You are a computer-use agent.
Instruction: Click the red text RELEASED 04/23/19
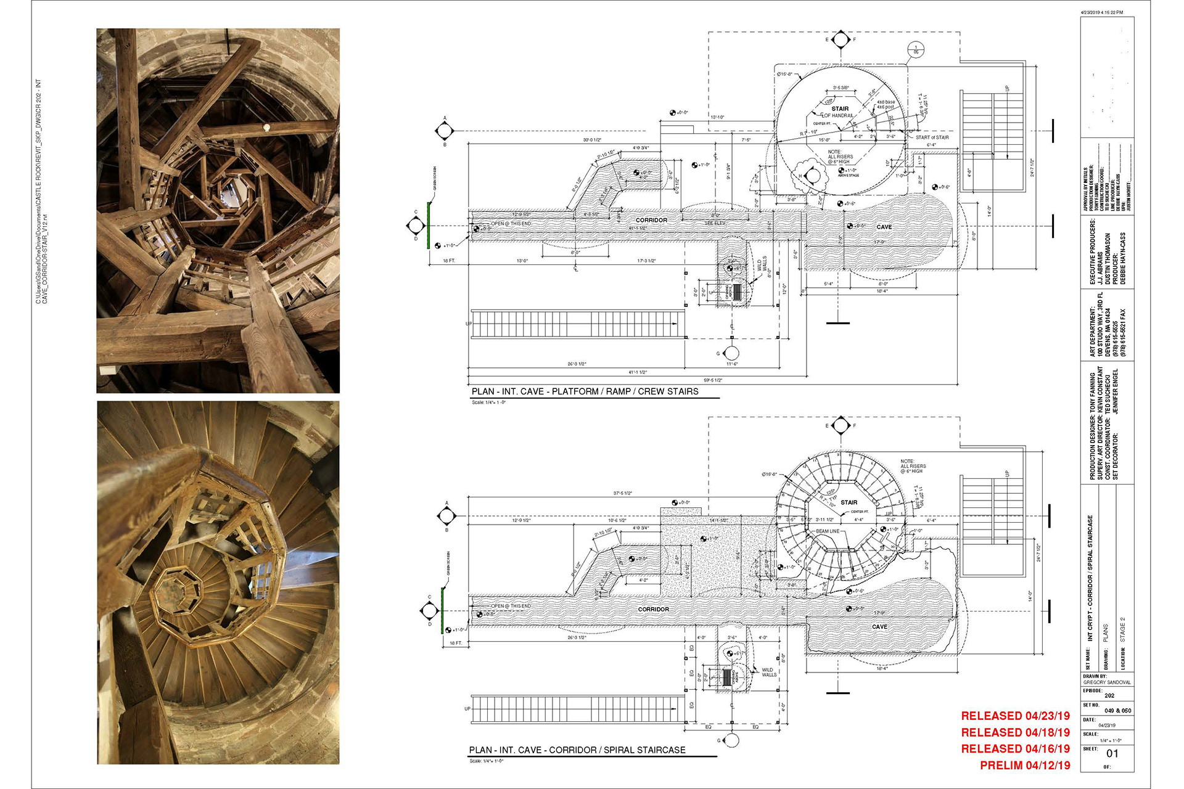pos(1015,716)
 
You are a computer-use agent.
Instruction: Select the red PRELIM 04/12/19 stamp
pos(1025,766)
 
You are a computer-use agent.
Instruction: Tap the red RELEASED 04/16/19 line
pos(1015,749)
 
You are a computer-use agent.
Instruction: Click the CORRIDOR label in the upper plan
pos(651,220)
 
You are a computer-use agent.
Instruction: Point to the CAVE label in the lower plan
pos(879,627)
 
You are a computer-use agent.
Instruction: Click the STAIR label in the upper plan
pos(840,108)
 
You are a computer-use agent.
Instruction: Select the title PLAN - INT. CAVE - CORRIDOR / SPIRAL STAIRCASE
pos(577,750)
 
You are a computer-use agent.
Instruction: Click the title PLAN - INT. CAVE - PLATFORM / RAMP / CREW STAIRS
pos(585,391)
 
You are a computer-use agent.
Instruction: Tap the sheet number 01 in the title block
pos(1112,753)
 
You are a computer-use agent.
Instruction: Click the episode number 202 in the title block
pos(1109,695)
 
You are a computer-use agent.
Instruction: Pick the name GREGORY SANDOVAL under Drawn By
pos(1107,682)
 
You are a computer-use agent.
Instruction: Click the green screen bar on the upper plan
pos(430,219)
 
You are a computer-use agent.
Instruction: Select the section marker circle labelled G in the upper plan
pos(731,353)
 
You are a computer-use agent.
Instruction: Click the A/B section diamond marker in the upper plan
pos(445,131)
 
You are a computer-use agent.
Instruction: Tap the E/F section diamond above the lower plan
pos(840,425)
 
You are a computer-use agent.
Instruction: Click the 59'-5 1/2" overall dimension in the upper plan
pos(713,380)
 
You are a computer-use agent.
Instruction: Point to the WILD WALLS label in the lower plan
pos(769,672)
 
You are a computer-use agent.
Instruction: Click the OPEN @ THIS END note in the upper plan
pos(511,224)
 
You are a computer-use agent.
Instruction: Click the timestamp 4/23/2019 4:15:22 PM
pos(1102,12)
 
